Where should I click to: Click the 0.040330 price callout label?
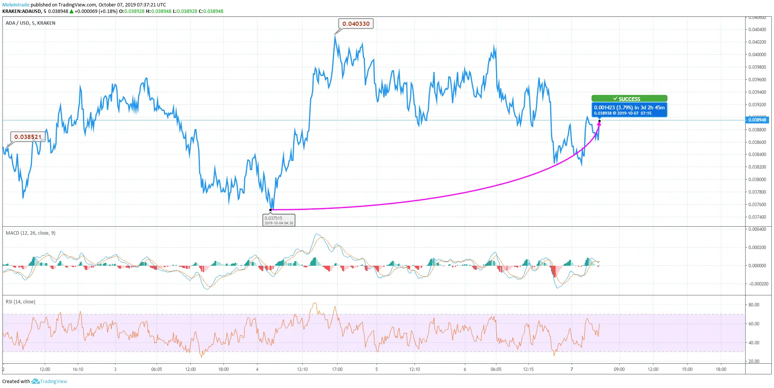(356, 24)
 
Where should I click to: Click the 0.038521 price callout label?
(28, 137)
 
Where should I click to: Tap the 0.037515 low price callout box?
(279, 220)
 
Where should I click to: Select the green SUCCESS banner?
(629, 99)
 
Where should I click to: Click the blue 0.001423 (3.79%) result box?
(629, 110)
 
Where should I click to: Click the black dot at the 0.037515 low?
(271, 210)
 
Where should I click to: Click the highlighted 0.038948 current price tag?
(757, 120)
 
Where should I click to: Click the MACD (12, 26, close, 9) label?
(30, 233)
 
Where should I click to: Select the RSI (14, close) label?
(20, 302)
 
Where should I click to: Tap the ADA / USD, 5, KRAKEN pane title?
(30, 23)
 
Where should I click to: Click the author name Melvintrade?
(16, 5)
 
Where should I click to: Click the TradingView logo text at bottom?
(53, 382)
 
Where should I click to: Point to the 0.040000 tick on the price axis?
(757, 55)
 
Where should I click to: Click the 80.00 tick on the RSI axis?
(754, 305)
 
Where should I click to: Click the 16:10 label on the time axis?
(78, 369)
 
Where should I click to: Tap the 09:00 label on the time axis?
(619, 369)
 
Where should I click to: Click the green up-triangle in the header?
(71, 11)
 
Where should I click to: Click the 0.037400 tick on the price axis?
(757, 217)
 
